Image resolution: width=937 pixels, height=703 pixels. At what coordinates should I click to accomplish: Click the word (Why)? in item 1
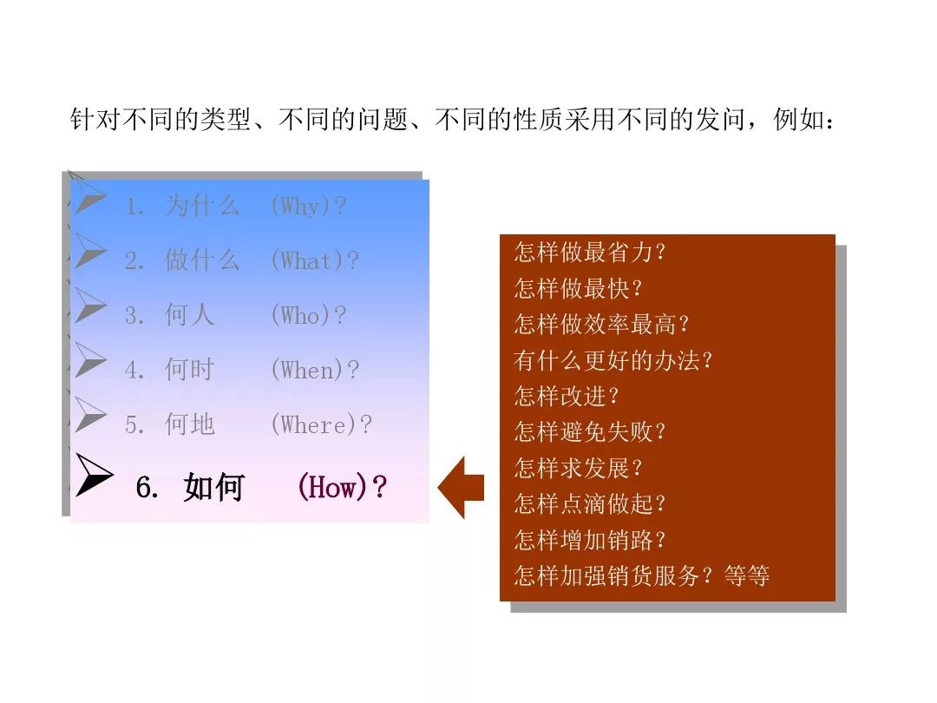308,207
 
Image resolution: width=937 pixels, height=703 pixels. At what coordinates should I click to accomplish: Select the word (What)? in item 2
314,260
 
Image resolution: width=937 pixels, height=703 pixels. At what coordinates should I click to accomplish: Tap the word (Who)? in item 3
308,315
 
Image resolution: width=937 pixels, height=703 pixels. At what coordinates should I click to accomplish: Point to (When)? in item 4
314,370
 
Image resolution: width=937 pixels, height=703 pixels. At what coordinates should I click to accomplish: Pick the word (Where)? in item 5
321,424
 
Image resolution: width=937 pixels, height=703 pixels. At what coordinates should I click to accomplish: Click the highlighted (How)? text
342,488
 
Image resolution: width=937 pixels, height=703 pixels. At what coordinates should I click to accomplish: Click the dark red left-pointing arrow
461,488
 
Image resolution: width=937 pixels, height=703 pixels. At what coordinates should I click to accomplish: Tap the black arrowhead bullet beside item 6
94,476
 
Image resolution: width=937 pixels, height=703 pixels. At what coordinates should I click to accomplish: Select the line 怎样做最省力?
590,253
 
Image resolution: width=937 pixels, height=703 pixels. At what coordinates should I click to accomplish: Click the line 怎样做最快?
578,288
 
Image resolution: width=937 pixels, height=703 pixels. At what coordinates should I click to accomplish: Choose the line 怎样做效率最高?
602,325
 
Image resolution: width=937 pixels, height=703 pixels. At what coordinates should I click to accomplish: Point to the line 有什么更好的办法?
613,360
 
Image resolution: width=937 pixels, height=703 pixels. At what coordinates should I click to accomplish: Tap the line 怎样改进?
567,396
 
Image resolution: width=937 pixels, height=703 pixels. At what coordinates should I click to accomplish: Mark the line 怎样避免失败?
590,431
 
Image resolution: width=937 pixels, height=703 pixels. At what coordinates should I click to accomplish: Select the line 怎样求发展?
578,468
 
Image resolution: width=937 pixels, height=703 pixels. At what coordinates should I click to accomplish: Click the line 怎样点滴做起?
590,503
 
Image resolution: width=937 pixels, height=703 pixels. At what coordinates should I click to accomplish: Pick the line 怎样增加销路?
590,540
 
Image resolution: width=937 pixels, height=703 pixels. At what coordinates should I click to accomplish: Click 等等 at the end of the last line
747,575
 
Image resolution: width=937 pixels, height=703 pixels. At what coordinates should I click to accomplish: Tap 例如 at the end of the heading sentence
796,120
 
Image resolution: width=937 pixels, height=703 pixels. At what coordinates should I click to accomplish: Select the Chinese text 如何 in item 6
213,489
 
